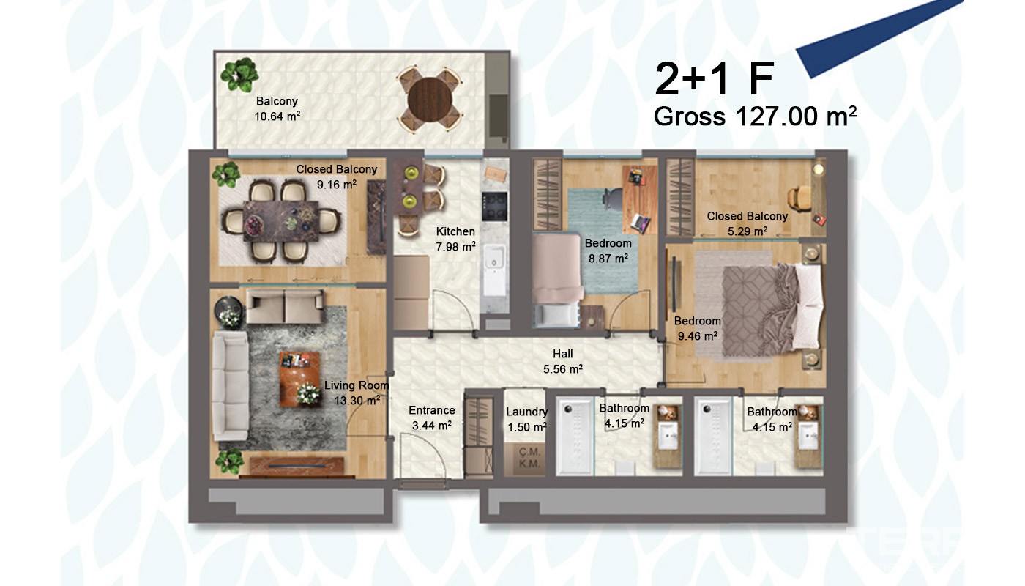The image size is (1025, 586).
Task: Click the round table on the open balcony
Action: tap(430, 100)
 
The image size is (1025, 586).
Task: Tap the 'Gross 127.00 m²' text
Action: tap(755, 116)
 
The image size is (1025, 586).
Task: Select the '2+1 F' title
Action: tap(715, 79)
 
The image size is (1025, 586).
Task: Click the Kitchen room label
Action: tap(455, 231)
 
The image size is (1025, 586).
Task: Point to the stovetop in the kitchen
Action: tap(494, 207)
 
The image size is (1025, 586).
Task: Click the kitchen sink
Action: tap(493, 262)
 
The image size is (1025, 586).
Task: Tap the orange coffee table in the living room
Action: tap(300, 379)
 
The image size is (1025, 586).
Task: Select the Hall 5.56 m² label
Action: tap(563, 361)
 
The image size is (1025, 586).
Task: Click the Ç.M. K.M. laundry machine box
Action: tap(529, 458)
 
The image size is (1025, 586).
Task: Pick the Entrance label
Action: tap(431, 410)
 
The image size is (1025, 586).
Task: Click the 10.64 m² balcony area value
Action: tap(277, 116)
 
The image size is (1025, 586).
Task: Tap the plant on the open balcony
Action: tap(239, 74)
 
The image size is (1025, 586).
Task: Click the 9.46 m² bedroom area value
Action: tap(697, 336)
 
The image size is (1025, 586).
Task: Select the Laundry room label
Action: tap(526, 412)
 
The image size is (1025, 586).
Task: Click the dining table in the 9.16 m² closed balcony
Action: tap(280, 221)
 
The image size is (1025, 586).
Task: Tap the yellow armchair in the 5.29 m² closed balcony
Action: tap(799, 199)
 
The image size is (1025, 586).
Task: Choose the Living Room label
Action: tap(357, 385)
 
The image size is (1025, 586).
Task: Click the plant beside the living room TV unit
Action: tap(229, 461)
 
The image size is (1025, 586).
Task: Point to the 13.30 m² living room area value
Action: tap(357, 401)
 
